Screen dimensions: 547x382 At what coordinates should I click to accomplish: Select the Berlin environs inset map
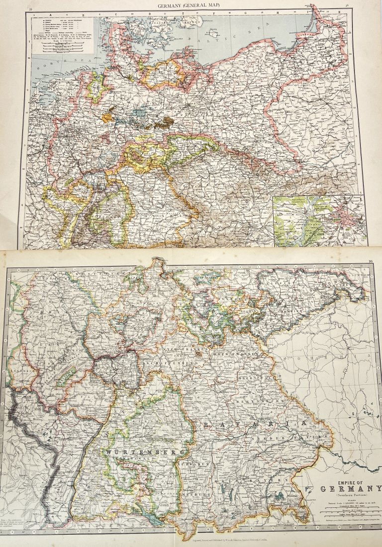319,218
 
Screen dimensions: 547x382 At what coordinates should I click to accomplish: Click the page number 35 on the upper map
31,8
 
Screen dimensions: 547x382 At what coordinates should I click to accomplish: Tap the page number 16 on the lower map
370,262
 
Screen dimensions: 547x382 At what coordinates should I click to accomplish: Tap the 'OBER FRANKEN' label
244,354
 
